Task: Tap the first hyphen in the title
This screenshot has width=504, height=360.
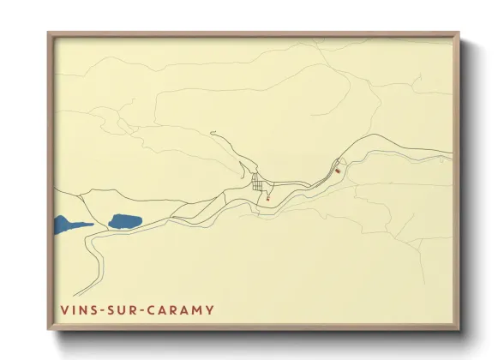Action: tap(102, 309)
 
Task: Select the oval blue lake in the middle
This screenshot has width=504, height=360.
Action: tap(125, 222)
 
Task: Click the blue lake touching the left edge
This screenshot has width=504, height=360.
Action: tap(67, 226)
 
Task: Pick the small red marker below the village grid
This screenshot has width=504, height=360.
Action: tap(268, 199)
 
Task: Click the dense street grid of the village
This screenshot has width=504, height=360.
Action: tap(257, 183)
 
